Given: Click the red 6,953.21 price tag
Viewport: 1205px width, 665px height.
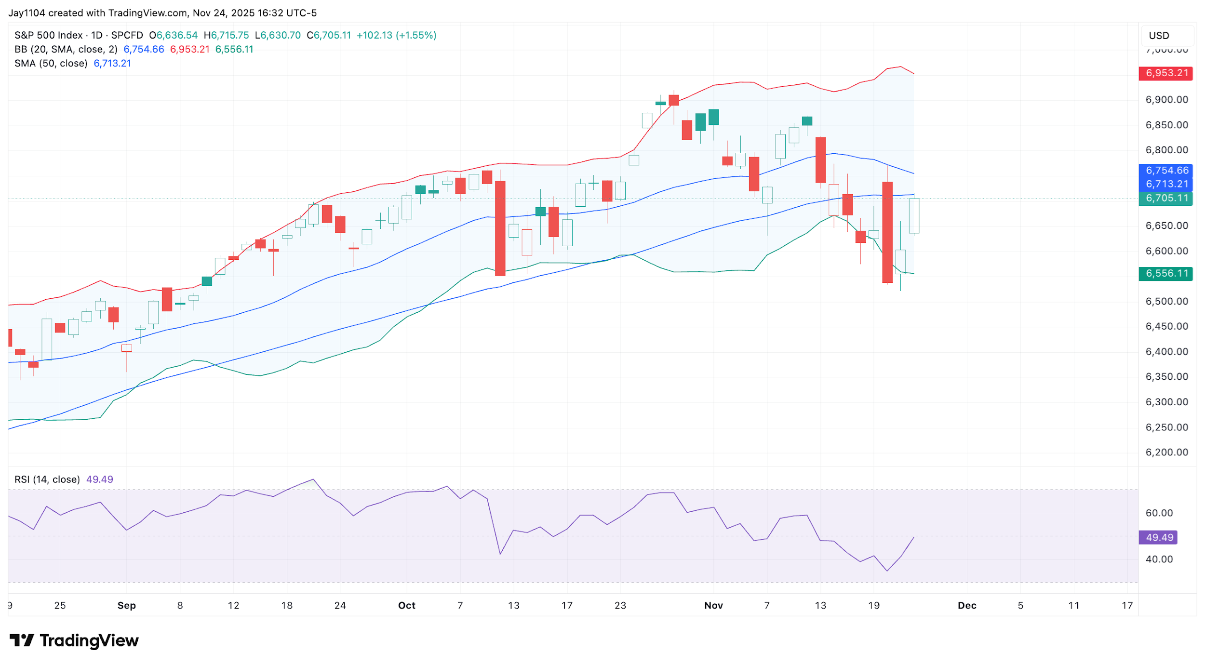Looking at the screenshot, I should (x=1165, y=73).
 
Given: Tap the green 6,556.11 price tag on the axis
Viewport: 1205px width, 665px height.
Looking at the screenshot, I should (x=1165, y=274).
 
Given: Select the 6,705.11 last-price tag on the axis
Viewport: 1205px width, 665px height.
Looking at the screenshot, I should (x=1165, y=198).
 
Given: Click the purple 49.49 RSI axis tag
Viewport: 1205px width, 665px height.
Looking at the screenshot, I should (x=1158, y=537).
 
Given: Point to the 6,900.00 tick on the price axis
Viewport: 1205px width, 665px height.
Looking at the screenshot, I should (x=1166, y=100).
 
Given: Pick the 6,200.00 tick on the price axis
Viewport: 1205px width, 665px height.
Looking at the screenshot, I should (x=1166, y=452).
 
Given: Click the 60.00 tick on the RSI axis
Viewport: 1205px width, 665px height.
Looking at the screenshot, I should (x=1159, y=513).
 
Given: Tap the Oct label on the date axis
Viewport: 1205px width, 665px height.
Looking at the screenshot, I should (x=406, y=605).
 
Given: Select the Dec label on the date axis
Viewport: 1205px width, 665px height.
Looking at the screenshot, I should (x=966, y=605).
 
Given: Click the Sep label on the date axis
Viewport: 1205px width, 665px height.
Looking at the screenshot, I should (x=126, y=605).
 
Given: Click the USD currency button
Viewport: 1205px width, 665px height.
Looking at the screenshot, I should (x=1159, y=36).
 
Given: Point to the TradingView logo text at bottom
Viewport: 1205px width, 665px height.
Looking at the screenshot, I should (x=89, y=640).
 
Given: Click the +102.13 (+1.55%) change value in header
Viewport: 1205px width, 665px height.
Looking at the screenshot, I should (x=396, y=35).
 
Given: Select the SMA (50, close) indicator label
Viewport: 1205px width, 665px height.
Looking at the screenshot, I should (x=51, y=64).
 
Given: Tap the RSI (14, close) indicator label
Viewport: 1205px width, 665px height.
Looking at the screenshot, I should (x=47, y=479).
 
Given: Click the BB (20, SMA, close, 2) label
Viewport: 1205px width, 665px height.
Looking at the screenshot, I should (x=66, y=49).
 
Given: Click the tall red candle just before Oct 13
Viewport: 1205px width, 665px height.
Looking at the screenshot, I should (x=500, y=228).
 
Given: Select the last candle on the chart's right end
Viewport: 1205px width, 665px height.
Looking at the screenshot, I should (x=913, y=216).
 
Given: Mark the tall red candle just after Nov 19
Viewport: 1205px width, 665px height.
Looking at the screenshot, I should (x=887, y=232).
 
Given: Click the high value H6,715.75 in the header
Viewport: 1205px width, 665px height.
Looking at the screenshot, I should (x=226, y=35).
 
